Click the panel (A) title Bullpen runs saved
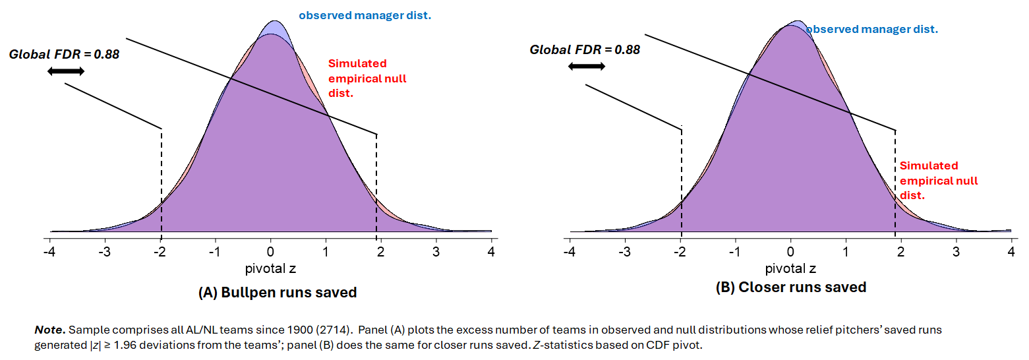(278, 293)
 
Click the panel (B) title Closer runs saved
(791, 287)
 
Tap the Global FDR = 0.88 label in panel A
(64, 55)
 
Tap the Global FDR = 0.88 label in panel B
(585, 49)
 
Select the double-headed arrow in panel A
(66, 71)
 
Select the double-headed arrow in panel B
(586, 66)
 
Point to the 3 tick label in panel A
(436, 253)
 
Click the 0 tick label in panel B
(791, 253)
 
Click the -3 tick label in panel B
(625, 253)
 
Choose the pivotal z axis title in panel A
(270, 269)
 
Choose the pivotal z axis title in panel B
(790, 269)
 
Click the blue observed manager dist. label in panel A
(365, 15)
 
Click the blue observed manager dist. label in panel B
(871, 30)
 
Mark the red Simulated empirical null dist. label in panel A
(367, 78)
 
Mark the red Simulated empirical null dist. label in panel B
(939, 180)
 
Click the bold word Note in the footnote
(49, 328)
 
